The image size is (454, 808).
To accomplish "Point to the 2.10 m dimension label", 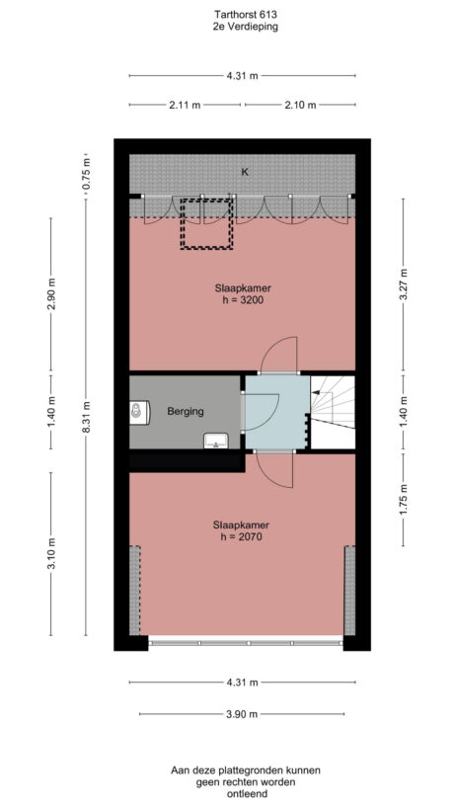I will click(x=299, y=105).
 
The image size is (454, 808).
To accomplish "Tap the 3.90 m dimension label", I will click(x=242, y=714).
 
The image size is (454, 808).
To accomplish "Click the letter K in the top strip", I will click(x=244, y=172).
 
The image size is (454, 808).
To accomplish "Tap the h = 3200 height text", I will click(x=242, y=300).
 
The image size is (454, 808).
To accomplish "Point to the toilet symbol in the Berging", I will click(x=137, y=410).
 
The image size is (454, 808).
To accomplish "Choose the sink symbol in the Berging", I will click(x=215, y=440).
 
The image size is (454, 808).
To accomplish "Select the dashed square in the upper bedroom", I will click(x=204, y=223).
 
